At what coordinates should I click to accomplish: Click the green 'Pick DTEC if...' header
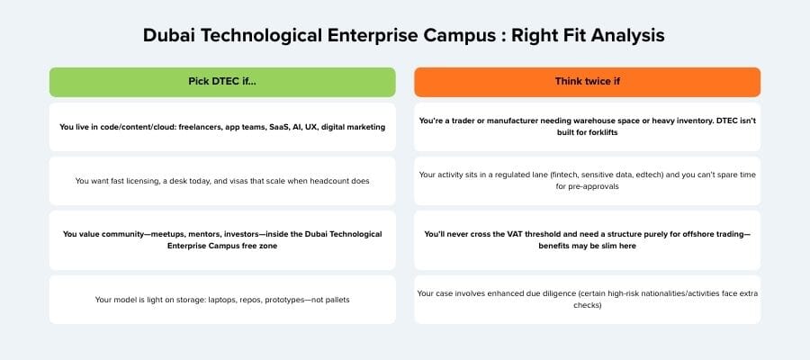[222, 82]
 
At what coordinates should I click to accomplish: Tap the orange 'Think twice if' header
[587, 82]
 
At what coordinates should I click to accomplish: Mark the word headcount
[325, 181]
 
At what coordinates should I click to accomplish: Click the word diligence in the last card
[562, 292]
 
